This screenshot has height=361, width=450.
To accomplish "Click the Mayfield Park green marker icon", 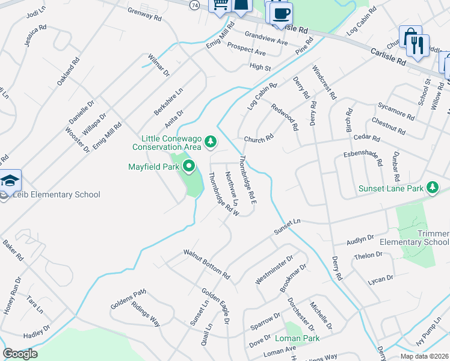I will pos(189,167).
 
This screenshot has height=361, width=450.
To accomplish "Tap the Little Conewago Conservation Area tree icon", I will pos(210,142).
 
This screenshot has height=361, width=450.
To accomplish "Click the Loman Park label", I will pos(302,339).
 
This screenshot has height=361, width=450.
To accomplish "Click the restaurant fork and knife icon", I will pos(417,43).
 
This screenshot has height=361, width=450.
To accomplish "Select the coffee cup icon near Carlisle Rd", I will pos(280,12).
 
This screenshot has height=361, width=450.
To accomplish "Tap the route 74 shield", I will pos(194,5).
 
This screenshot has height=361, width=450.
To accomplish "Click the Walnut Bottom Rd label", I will pos(207,265).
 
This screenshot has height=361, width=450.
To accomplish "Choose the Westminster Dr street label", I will pos(274,269).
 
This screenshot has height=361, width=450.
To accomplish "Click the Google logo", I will pos(20,354).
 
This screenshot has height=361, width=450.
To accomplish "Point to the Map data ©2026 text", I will pos(424,356).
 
